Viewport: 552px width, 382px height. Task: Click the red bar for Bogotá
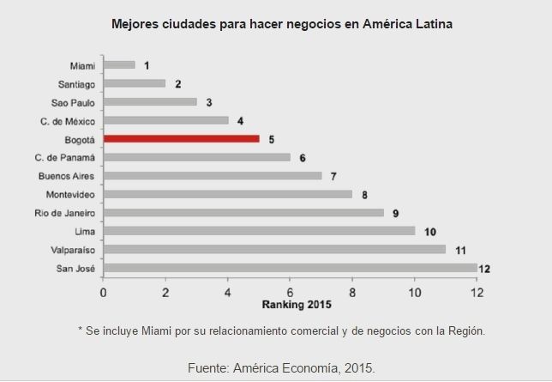click(181, 138)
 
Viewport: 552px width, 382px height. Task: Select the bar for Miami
click(119, 64)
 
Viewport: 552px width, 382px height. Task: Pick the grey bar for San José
click(290, 268)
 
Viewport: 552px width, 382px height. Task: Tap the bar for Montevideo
click(227, 194)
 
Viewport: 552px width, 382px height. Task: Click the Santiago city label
click(78, 83)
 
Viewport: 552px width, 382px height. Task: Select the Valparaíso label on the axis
click(73, 250)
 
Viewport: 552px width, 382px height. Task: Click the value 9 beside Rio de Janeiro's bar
click(396, 213)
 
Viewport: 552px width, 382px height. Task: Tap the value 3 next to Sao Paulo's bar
click(208, 102)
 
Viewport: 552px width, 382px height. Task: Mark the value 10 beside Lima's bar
click(429, 232)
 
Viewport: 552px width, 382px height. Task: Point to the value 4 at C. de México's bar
click(240, 120)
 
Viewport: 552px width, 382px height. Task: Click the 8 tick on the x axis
click(352, 292)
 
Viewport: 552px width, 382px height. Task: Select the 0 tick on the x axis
click(103, 292)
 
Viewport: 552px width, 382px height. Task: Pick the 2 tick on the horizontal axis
click(165, 292)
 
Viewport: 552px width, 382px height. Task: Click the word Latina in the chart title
click(433, 23)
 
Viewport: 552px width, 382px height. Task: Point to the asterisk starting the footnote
click(80, 330)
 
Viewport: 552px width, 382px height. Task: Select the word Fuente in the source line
click(208, 367)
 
